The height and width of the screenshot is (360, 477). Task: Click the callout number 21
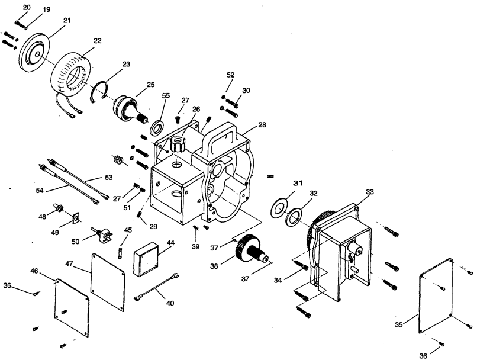click(67, 21)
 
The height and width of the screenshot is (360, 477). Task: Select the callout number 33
click(370, 192)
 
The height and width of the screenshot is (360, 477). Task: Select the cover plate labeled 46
click(72, 303)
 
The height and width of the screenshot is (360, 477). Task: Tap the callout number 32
click(314, 194)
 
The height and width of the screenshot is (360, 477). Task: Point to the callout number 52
click(231, 75)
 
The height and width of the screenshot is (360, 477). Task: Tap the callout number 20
click(26, 7)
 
